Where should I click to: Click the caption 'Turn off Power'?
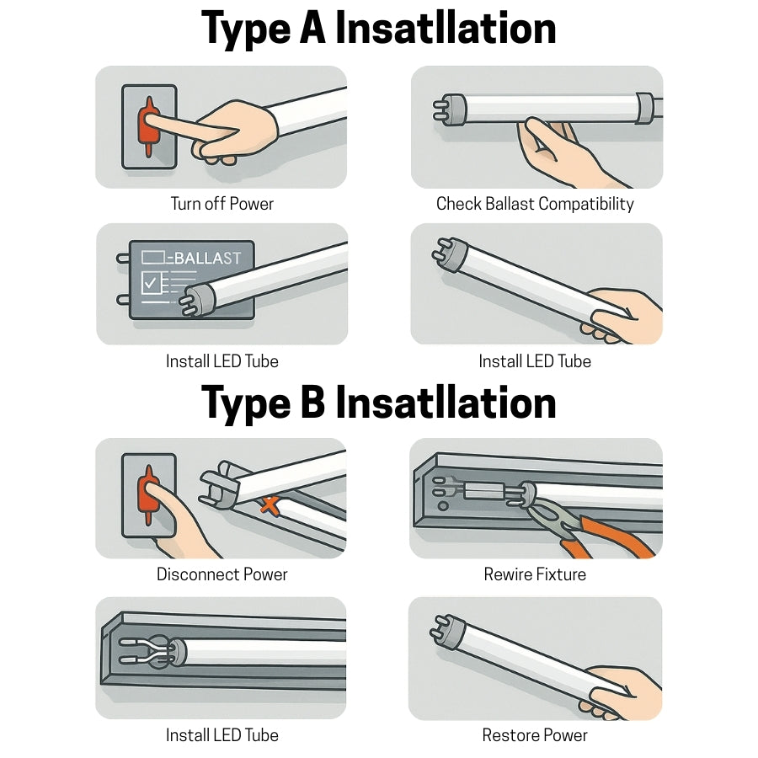pos(222,204)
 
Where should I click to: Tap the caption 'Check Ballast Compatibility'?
pos(535,204)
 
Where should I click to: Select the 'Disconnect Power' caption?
pos(222,574)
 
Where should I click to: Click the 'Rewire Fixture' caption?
pos(535,574)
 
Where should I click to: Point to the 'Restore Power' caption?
pos(535,735)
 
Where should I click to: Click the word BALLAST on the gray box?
pos(206,258)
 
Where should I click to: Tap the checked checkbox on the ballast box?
pos(152,284)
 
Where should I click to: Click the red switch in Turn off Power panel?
pos(149,126)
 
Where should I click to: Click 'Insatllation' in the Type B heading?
pos(446,403)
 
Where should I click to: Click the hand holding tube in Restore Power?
pos(623,691)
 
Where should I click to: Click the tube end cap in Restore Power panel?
pos(446,635)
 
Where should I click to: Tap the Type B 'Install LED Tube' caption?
pos(222,735)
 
